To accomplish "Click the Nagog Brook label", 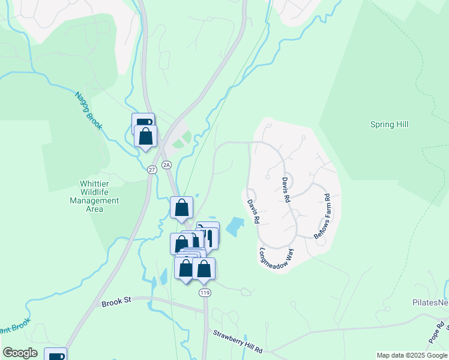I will (88, 110).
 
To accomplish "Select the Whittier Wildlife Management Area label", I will (95, 196).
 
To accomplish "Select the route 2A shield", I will (166, 164).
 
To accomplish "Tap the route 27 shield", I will (152, 170).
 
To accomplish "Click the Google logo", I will (20, 353).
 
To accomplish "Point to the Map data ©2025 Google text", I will (411, 355).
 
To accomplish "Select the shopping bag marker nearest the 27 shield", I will (145, 136).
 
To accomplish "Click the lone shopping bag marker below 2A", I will (181, 208).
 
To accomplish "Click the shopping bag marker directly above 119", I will (204, 269).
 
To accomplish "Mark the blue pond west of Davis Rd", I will (236, 227).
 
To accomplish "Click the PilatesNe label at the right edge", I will (430, 303).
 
